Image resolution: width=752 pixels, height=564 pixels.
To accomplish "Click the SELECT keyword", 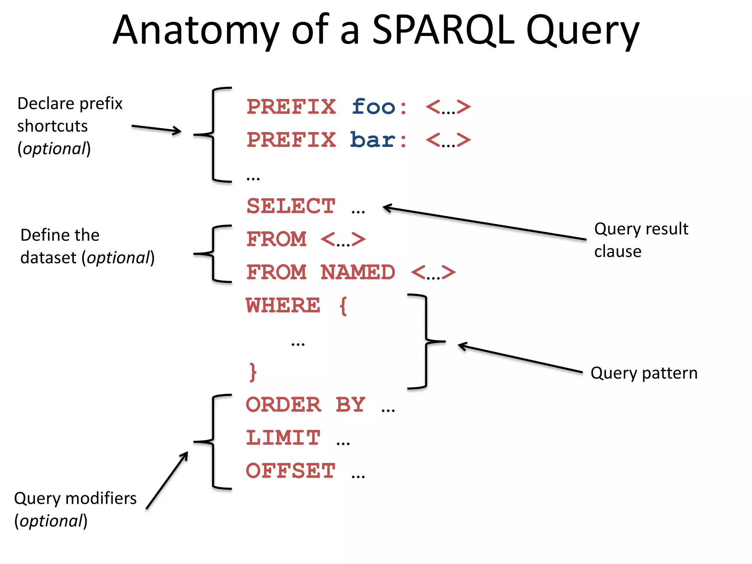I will click(291, 206).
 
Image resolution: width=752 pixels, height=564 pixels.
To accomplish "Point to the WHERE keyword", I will click(283, 305).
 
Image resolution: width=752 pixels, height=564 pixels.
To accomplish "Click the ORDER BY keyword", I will click(305, 405).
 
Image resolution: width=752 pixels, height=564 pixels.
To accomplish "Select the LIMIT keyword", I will click(283, 438).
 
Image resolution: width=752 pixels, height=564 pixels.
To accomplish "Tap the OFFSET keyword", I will click(290, 471).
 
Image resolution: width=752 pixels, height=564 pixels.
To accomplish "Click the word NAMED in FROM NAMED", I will click(358, 272).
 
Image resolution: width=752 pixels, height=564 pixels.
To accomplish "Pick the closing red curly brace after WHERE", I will click(253, 372).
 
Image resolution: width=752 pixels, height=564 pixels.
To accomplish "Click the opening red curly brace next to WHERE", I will click(343, 305).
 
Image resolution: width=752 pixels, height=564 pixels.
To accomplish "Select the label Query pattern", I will click(644, 373).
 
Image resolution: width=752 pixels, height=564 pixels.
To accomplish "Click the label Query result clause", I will click(641, 240).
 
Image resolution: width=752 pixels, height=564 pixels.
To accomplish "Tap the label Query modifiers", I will click(75, 499).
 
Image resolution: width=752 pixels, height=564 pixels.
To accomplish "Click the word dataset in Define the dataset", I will click(48, 258).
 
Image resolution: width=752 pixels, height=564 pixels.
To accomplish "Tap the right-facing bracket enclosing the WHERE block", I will click(427, 341).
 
